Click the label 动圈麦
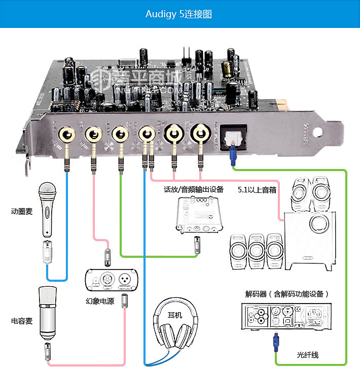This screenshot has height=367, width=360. tap(22, 211)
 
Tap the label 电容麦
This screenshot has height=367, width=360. tap(22, 321)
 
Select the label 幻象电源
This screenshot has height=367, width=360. tap(100, 301)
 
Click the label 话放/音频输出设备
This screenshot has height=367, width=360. tap(194, 190)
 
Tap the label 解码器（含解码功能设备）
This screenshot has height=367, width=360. tap(287, 293)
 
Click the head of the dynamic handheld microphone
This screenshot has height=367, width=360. tap(47, 193)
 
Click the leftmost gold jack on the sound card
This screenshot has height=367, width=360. tap(66, 135)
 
